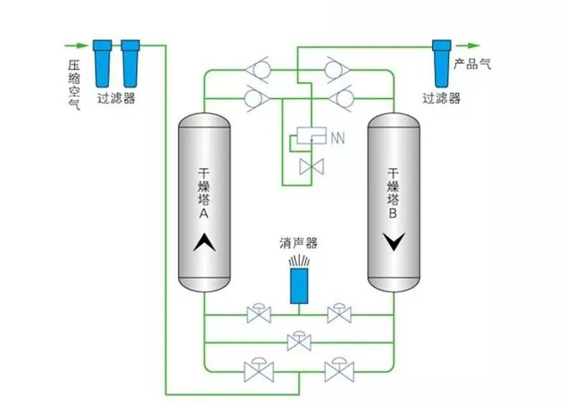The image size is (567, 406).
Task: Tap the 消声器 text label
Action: coord(298,244)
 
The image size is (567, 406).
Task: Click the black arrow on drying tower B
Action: coord(393,242)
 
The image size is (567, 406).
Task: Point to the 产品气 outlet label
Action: coord(473,63)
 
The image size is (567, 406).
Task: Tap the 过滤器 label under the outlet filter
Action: coord(441,98)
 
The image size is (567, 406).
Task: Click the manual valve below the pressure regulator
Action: coord(312,166)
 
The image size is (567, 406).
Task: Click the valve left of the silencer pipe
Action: coord(258,314)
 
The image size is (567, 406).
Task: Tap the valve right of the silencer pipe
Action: coord(338,314)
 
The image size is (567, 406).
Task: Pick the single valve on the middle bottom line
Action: coord(298,341)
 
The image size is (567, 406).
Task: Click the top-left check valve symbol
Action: coord(257,70)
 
